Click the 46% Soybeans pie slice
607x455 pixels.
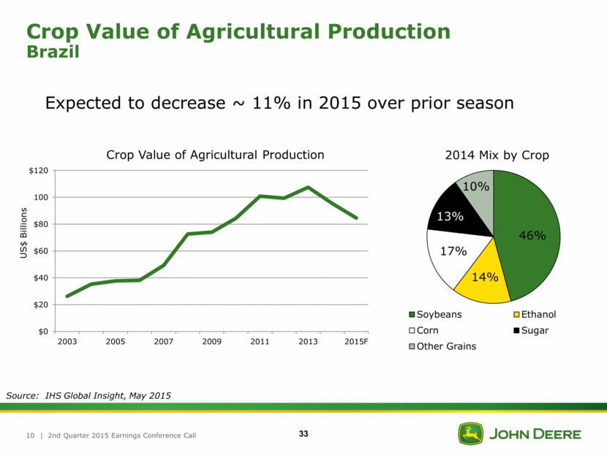pos(531,234)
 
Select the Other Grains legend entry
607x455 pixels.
pos(446,346)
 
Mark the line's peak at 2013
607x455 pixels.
pos(309,188)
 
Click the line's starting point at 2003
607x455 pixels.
pos(67,296)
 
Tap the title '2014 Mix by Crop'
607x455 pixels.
pos(497,155)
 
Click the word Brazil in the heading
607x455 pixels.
pos(52,53)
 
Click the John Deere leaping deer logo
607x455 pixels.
pos(470,434)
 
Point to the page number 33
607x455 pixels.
pos(303,435)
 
